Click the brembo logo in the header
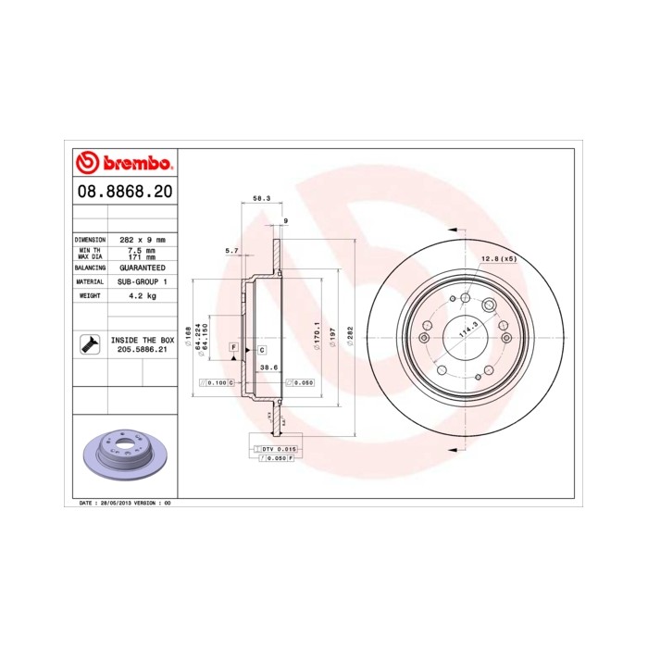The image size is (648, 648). pyautogui.click(x=123, y=164)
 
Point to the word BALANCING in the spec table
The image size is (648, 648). pyautogui.click(x=91, y=266)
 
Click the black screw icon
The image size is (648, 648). pyautogui.click(x=91, y=345)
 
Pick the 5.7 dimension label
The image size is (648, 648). pyautogui.click(x=232, y=251)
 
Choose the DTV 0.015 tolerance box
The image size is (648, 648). pyautogui.click(x=273, y=448)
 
